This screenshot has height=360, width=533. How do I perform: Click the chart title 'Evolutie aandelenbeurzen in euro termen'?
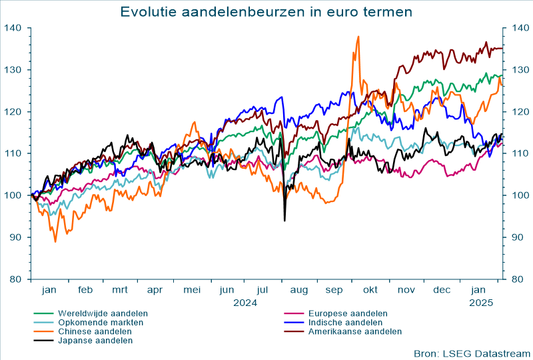pyautogui.click(x=266, y=12)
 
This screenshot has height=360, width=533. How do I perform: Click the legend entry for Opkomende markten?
pyautogui.click(x=101, y=322)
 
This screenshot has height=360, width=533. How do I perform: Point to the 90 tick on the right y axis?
pyautogui.click(x=517, y=237)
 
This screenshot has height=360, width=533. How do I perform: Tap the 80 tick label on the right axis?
pyautogui.click(x=517, y=279)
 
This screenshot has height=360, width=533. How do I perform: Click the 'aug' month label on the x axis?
pyautogui.click(x=298, y=291)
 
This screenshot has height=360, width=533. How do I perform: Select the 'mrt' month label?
pyautogui.click(x=120, y=291)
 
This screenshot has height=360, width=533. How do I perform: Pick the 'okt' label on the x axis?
pyautogui.click(x=370, y=291)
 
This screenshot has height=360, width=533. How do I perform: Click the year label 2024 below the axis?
pyautogui.click(x=245, y=303)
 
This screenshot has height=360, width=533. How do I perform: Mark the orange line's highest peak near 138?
pyautogui.click(x=358, y=37)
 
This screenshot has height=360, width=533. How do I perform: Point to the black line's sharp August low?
pyautogui.click(x=284, y=220)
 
